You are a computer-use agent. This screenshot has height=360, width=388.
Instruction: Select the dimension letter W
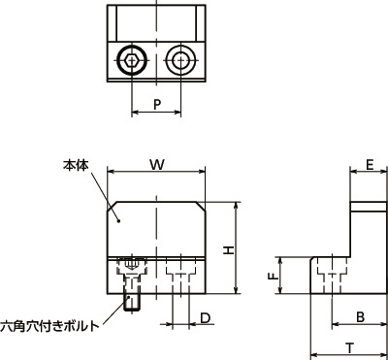(156, 165)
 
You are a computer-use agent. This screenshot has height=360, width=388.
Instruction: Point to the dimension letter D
(205, 317)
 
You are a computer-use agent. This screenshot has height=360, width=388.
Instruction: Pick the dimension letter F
(273, 277)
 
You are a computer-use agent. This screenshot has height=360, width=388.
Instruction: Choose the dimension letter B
(358, 316)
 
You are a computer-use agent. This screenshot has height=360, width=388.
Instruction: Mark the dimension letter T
(347, 346)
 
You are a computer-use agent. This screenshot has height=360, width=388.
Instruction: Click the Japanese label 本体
(77, 167)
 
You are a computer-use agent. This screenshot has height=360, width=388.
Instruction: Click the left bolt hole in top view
(131, 59)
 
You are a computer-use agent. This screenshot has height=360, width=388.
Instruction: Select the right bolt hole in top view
(178, 59)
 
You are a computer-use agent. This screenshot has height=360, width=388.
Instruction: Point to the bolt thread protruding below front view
(131, 299)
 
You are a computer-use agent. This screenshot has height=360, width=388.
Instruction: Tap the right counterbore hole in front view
(178, 272)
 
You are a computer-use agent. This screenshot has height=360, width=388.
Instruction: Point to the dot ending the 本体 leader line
(120, 219)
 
